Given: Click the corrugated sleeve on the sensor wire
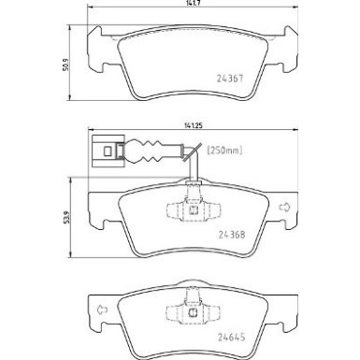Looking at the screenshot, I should tap(151, 149).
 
